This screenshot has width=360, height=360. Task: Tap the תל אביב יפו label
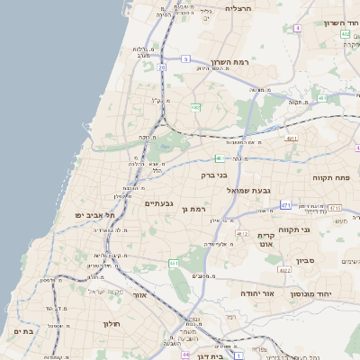pos(97,215)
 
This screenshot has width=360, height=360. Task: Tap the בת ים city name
pos(22,331)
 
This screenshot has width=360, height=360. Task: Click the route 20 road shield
pos(162,67)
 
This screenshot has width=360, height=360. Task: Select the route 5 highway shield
pos(185,58)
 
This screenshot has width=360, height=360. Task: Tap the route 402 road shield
pos(345,34)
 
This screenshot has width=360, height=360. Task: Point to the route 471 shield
pos(285,206)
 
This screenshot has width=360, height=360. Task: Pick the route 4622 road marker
pos(284,269)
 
